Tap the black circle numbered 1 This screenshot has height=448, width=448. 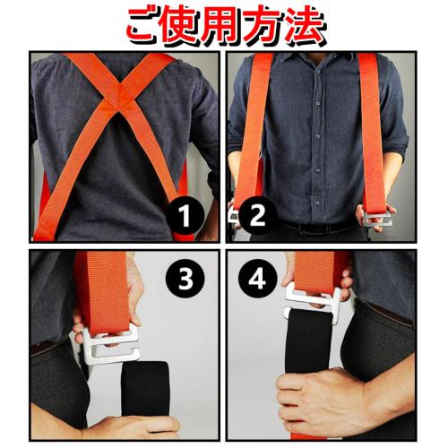click(185, 216)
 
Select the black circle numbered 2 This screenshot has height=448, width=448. click(256, 216)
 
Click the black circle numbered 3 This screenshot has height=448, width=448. click(185, 280)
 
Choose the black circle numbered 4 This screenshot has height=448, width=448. click(256, 280)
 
